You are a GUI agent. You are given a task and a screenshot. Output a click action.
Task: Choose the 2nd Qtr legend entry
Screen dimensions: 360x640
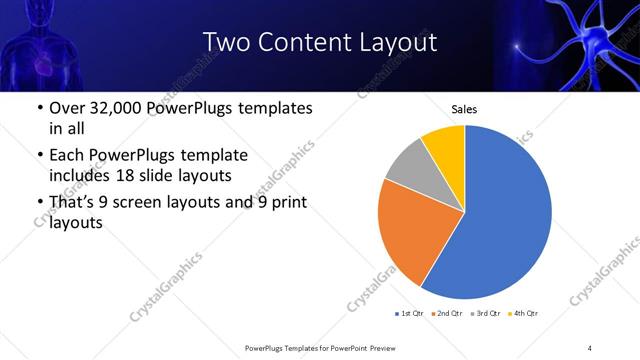tap(447, 314)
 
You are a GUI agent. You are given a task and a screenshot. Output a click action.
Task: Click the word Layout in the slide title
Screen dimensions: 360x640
tap(398, 42)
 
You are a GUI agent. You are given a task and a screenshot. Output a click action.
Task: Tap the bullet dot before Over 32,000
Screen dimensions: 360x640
tap(38, 108)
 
